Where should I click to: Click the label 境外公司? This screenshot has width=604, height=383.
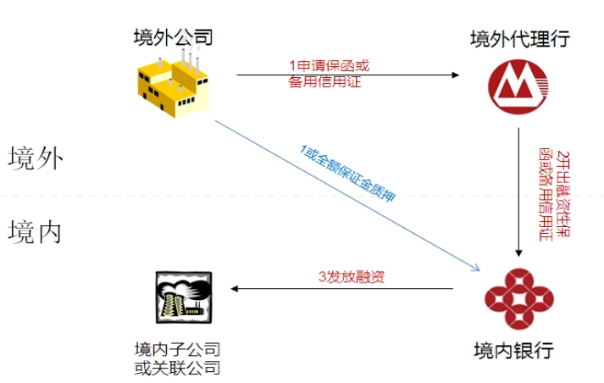[172, 36]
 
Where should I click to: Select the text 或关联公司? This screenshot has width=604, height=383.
[178, 367]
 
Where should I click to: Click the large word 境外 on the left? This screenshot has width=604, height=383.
[36, 158]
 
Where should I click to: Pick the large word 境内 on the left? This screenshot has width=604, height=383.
[36, 231]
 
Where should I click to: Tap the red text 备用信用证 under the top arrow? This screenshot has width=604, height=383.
[326, 82]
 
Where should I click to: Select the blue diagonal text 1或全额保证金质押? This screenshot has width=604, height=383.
[347, 174]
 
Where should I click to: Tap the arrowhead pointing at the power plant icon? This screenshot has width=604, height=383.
[236, 289]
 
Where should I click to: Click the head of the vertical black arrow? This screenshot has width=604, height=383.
[518, 252]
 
